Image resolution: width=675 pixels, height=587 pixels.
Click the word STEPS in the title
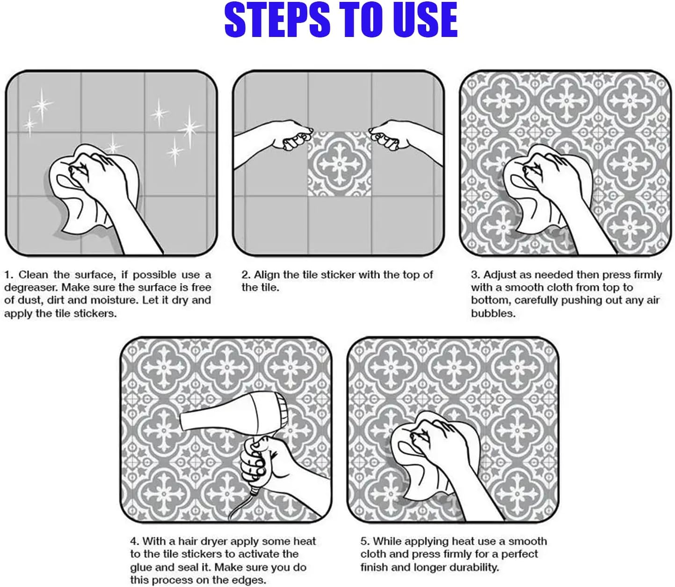pos(277,20)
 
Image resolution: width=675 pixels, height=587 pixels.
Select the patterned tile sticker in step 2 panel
pos(340,164)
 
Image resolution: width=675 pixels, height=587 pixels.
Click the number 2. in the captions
pos(246,275)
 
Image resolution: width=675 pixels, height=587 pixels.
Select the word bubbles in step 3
pos(493,313)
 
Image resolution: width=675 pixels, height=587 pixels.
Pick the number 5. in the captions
pos(365,542)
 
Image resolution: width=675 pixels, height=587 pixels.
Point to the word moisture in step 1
pos(110,301)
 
